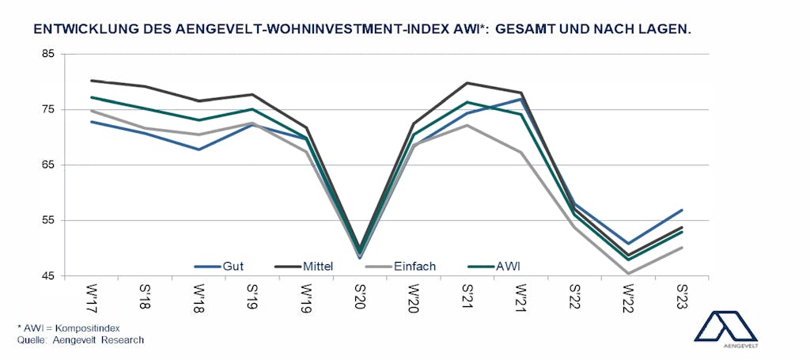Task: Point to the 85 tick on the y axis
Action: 49,54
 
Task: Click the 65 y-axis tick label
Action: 49,165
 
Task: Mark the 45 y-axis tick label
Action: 49,276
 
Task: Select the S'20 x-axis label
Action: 360,297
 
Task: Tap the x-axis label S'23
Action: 682,297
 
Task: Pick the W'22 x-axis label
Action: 628,297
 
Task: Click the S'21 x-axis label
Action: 467,297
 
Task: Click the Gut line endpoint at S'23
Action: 682,210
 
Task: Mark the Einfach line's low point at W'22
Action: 628,274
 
